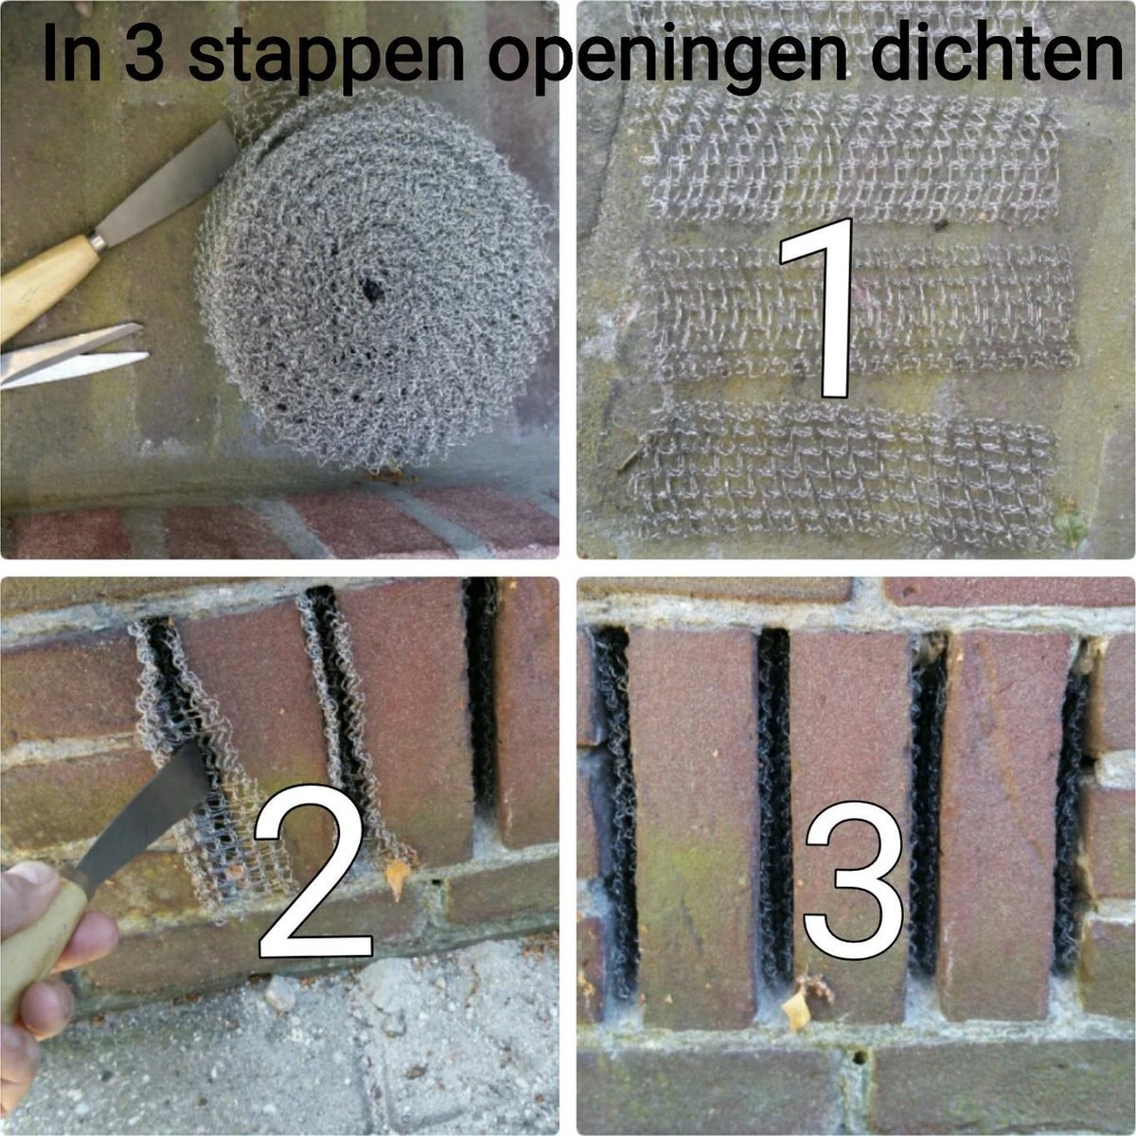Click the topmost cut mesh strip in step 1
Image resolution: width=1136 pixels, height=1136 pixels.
pos(852,151)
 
